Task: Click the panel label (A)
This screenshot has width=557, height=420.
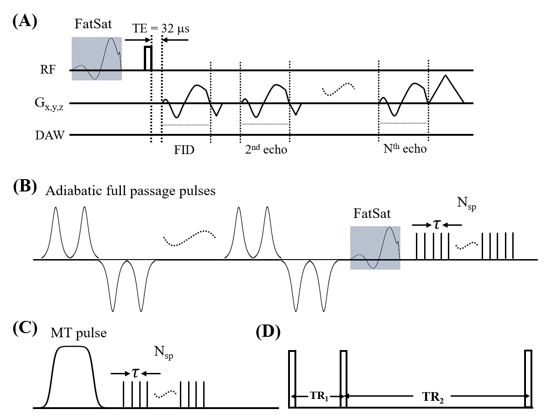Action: [25, 22]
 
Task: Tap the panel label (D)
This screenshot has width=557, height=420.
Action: [268, 332]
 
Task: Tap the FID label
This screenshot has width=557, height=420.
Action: [184, 149]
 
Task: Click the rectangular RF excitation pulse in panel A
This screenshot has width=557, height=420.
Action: [148, 58]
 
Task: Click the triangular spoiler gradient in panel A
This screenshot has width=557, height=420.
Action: [446, 90]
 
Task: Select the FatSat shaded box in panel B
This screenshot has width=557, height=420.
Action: [375, 248]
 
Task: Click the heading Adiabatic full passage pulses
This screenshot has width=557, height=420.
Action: [130, 191]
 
